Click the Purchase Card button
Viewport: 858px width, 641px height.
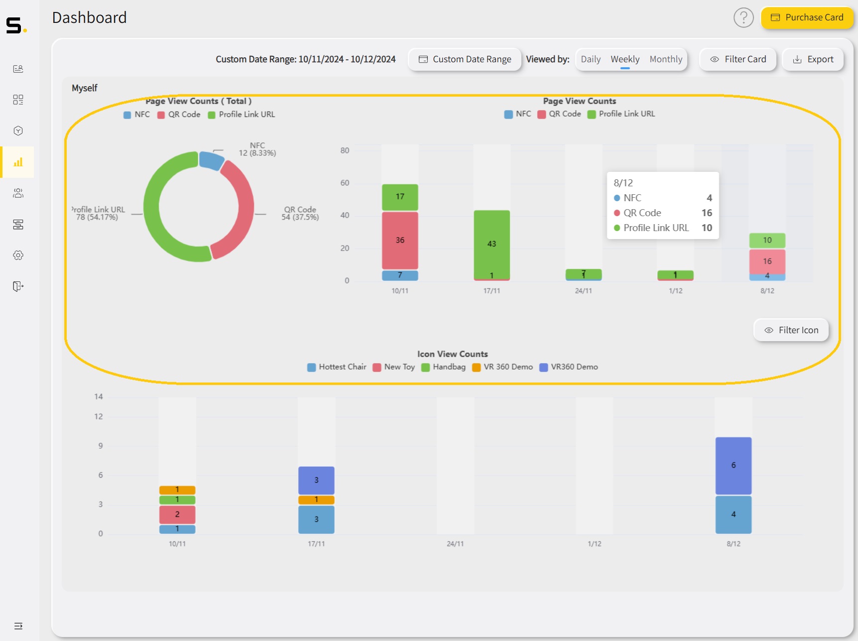point(807,17)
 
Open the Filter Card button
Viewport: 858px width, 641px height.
point(737,59)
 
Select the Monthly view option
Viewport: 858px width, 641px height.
point(665,59)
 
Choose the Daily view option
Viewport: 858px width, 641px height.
point(590,59)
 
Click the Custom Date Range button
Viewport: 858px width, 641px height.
point(465,59)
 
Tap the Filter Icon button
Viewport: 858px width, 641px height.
point(791,330)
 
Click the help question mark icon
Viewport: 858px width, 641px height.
point(743,18)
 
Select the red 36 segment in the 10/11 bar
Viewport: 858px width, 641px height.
point(400,240)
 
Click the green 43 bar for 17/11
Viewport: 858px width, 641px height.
point(491,244)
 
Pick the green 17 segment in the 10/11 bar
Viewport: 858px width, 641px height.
point(400,197)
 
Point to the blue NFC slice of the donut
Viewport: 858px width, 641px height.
point(211,160)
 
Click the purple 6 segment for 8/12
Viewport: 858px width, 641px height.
point(733,465)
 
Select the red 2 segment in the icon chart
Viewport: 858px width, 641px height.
point(177,514)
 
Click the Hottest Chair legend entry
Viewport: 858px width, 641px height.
point(337,367)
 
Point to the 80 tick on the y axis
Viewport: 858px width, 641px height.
point(345,150)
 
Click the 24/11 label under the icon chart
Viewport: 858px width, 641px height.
point(455,544)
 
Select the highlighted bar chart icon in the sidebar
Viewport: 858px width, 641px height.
point(18,162)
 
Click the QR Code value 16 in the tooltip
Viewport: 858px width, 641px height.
point(707,213)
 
